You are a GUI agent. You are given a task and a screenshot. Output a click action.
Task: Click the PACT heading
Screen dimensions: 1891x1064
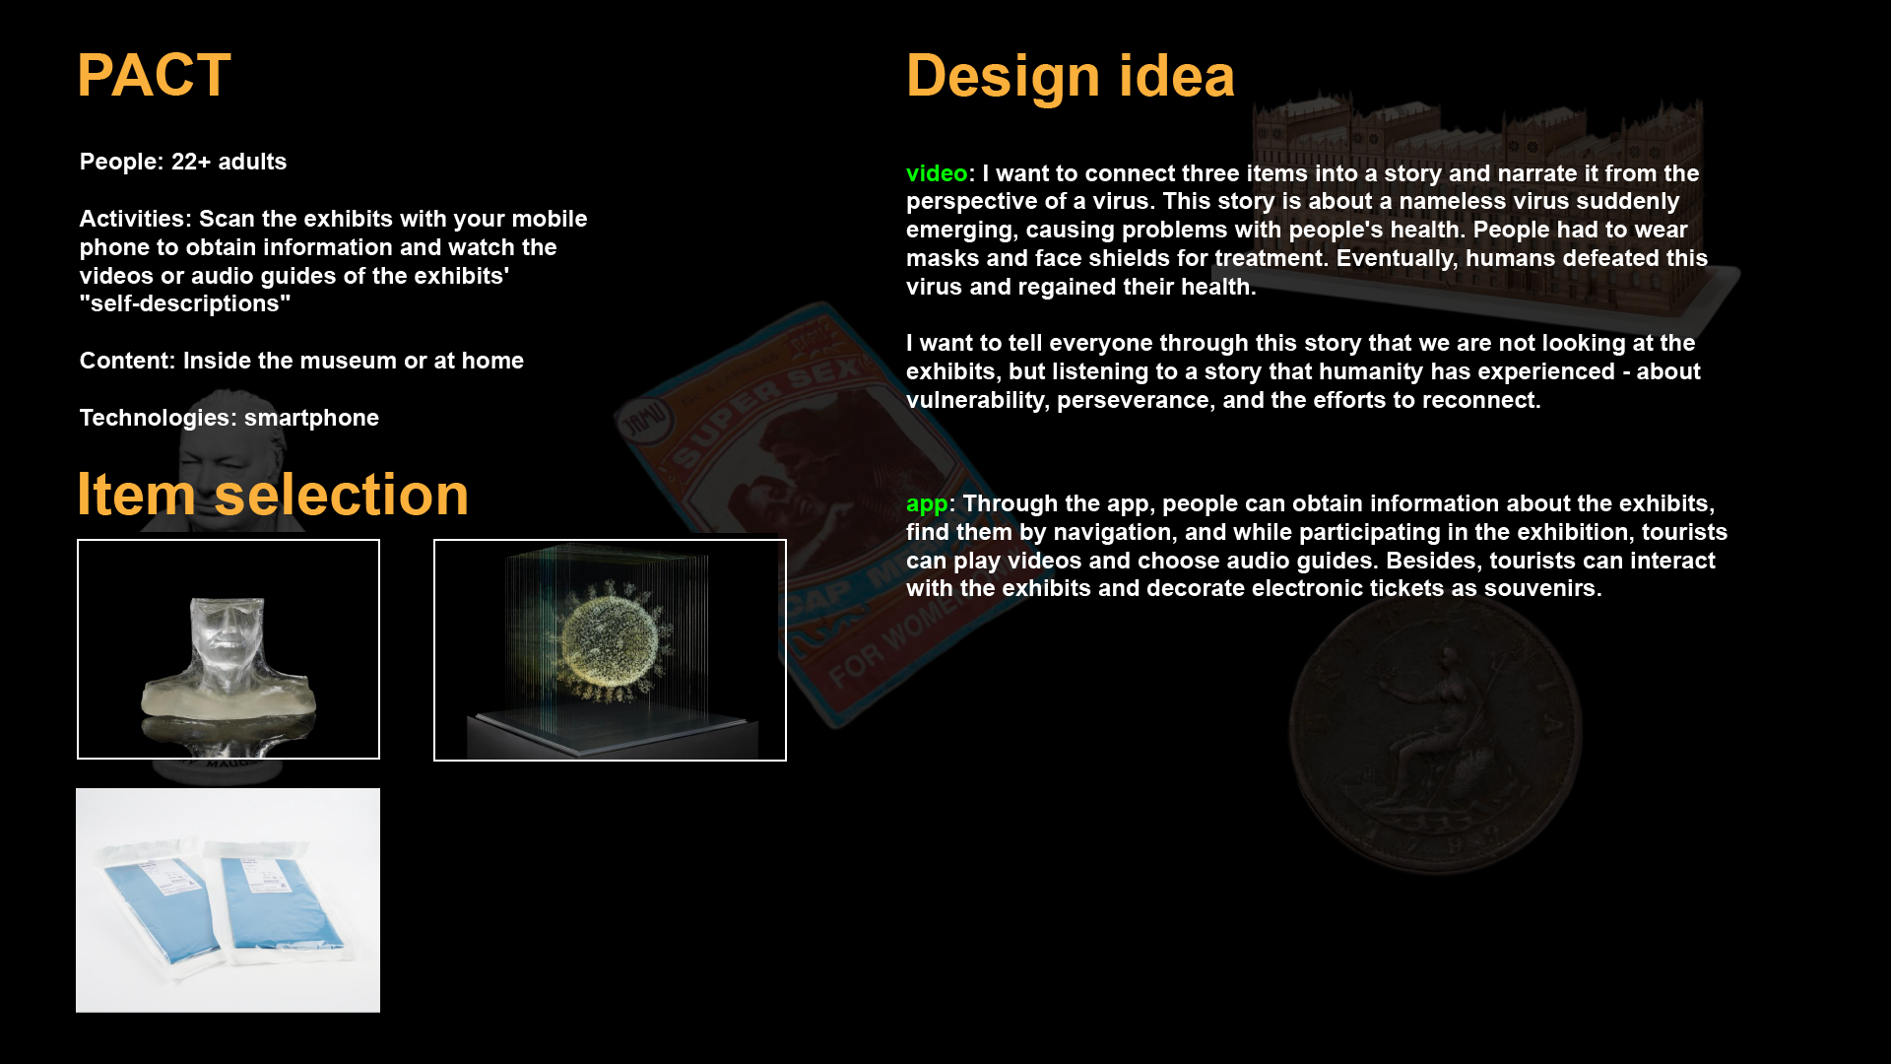click(154, 75)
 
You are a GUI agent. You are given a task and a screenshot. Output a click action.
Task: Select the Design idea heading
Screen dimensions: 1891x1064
click(1070, 76)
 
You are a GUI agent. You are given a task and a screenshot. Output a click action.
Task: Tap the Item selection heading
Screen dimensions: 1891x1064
click(273, 494)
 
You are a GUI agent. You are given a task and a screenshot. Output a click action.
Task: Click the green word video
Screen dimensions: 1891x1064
click(937, 173)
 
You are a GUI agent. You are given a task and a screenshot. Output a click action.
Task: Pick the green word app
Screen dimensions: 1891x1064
click(927, 504)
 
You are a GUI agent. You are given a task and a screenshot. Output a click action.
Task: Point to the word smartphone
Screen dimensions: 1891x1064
click(311, 418)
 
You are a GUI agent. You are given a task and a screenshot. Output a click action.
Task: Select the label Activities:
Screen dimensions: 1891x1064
click(136, 219)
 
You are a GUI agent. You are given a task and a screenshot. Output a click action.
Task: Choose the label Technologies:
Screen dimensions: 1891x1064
click(159, 418)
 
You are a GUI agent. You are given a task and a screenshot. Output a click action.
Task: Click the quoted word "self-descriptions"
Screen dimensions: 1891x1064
click(185, 303)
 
